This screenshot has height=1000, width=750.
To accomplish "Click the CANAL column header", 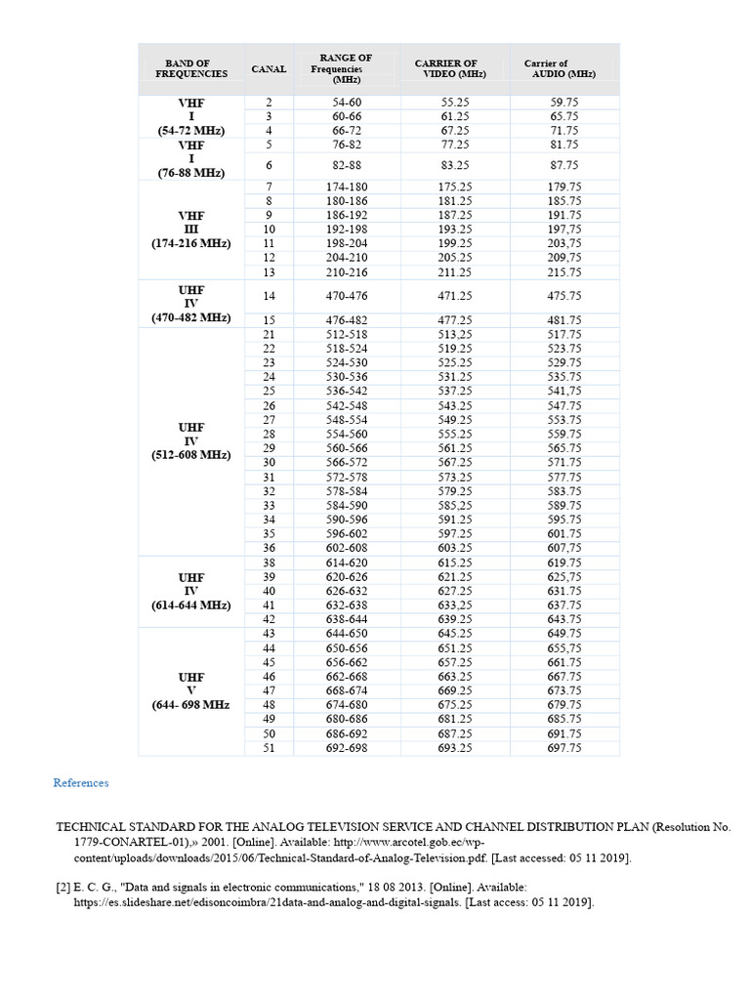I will point(269,69).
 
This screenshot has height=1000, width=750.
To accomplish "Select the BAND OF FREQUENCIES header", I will point(190,68).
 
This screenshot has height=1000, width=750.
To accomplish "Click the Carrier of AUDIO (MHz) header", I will point(559,68).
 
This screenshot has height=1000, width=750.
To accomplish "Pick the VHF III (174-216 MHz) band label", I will point(191,229).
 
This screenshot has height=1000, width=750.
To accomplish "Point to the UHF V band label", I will point(191,690).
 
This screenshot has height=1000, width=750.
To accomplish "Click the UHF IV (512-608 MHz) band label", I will point(191,440).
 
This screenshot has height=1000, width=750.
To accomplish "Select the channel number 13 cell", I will point(269,272).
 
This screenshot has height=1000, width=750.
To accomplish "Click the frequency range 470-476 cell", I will point(347,295).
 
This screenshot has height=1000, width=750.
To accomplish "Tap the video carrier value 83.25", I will point(455,166).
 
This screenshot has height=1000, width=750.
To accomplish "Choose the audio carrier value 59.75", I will point(564,102).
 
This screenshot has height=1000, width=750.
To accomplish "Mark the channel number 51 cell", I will point(269,748).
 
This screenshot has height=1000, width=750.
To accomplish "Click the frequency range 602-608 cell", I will point(347,549).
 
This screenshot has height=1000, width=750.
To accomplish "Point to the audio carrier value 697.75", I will point(564,748).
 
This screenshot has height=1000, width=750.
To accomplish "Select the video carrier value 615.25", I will point(455,563).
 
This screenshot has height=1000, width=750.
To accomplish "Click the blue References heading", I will point(81,783).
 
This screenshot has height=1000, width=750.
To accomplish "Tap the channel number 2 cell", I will point(269,102).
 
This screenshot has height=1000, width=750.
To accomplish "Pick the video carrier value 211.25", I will point(455,272).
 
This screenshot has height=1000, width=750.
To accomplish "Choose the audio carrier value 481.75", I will point(564,319).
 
